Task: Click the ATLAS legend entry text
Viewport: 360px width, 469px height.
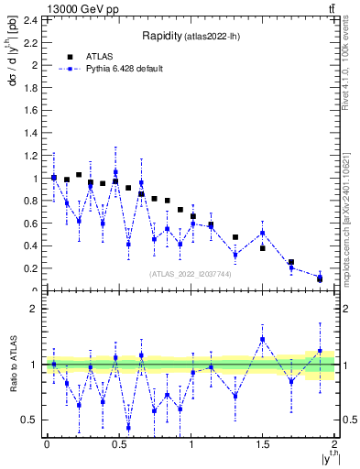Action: coord(101,56)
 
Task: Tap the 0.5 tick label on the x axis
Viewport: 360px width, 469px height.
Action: coord(118,444)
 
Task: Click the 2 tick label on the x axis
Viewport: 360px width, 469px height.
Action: coord(334,444)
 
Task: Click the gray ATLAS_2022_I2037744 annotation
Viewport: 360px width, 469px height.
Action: coord(191,273)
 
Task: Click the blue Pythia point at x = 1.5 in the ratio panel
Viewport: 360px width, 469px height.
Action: coord(262,339)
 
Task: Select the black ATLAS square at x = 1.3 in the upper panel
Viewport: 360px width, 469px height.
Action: coord(235,237)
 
